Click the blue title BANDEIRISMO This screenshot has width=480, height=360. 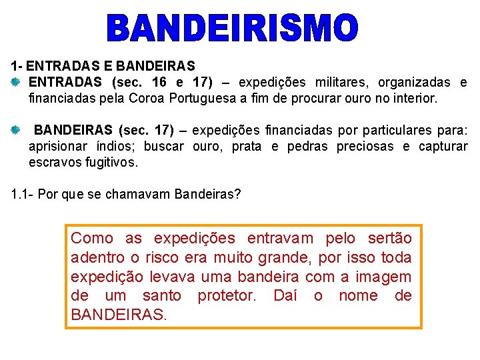(x=233, y=28)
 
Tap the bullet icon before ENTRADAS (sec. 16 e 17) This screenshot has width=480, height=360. (x=16, y=83)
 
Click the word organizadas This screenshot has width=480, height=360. (x=414, y=83)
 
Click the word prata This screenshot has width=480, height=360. (x=246, y=146)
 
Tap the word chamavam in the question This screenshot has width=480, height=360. (x=142, y=195)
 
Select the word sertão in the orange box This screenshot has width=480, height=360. (x=390, y=238)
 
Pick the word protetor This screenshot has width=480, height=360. (x=227, y=295)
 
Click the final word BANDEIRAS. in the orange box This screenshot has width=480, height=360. (x=119, y=315)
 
